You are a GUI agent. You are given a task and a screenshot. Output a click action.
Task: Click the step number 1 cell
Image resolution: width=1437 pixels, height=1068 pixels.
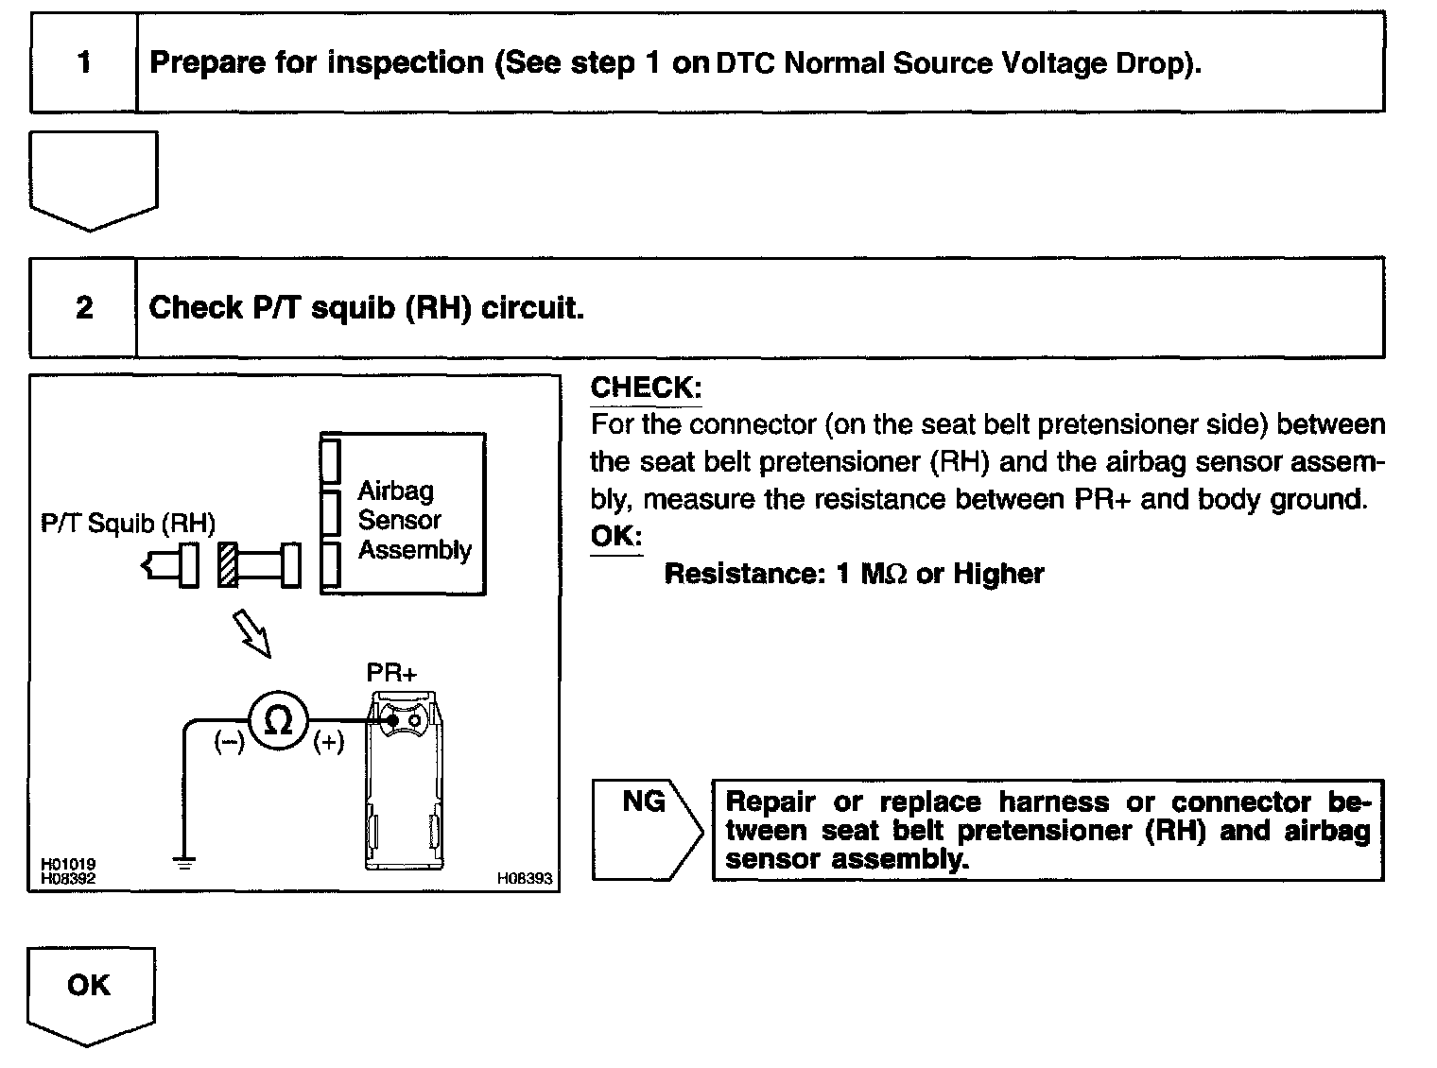84,62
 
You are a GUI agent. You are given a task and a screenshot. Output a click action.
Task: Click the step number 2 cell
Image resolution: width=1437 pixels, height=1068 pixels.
84,307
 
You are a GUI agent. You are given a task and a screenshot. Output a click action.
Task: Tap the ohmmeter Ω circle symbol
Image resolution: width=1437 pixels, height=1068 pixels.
279,721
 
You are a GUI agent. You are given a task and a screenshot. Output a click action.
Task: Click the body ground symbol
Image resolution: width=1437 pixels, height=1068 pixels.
184,861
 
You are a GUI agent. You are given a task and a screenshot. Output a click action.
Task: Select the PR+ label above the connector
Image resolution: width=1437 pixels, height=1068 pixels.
391,673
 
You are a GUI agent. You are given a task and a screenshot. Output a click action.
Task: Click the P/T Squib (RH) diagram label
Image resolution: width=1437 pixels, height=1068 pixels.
128,523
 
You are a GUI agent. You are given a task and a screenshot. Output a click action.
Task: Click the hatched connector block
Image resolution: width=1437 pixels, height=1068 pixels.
227,565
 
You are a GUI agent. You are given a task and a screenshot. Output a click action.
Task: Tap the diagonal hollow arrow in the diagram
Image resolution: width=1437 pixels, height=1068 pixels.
252,633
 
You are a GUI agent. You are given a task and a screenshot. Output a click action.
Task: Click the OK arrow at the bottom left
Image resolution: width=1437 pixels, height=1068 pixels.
89,988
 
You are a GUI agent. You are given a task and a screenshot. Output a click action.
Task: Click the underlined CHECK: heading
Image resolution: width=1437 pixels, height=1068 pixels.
646,387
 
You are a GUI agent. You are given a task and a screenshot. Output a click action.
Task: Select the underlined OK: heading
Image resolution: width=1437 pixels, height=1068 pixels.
615,536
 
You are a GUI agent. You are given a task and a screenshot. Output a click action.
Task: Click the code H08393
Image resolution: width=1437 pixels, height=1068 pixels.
525,878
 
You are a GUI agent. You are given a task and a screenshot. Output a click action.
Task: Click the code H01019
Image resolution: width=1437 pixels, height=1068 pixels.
67,864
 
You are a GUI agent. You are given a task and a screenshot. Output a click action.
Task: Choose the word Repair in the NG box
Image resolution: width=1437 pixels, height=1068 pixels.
770,802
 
